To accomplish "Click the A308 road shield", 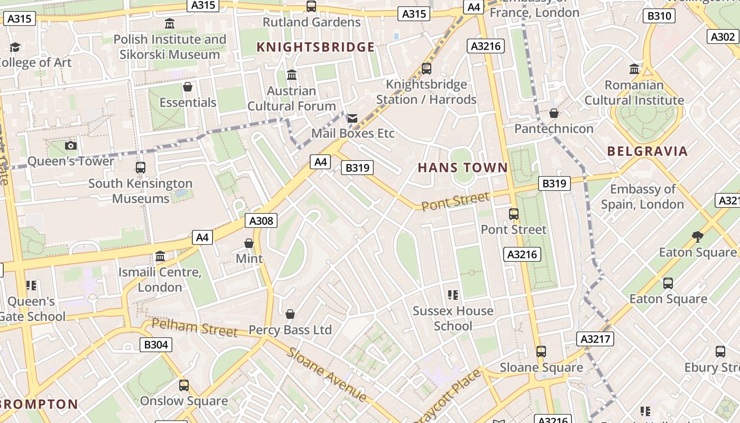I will click(x=261, y=220).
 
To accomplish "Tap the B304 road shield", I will click(x=156, y=345).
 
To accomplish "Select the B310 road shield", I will click(x=659, y=16).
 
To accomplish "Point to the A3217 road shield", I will click(x=595, y=339).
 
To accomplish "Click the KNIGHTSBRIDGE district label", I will click(x=316, y=47).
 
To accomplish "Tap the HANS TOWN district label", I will click(x=462, y=168).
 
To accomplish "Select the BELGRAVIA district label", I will click(x=647, y=151).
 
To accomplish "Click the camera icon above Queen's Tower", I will click(x=70, y=145).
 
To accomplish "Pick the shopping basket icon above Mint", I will click(x=249, y=243).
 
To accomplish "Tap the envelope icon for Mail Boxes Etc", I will click(x=353, y=118).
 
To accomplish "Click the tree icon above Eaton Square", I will click(x=697, y=236).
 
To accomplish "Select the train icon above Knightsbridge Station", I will click(x=427, y=68).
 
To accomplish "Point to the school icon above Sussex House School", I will click(x=452, y=295).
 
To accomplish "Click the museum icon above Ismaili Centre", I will click(x=160, y=257).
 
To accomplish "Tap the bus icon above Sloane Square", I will click(x=541, y=352).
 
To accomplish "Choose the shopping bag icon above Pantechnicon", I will click(x=553, y=113).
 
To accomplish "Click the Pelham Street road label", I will click(x=195, y=328).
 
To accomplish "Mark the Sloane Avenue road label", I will click(x=327, y=374).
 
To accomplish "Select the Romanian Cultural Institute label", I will click(x=634, y=93).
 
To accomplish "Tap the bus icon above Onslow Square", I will click(x=183, y=385).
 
